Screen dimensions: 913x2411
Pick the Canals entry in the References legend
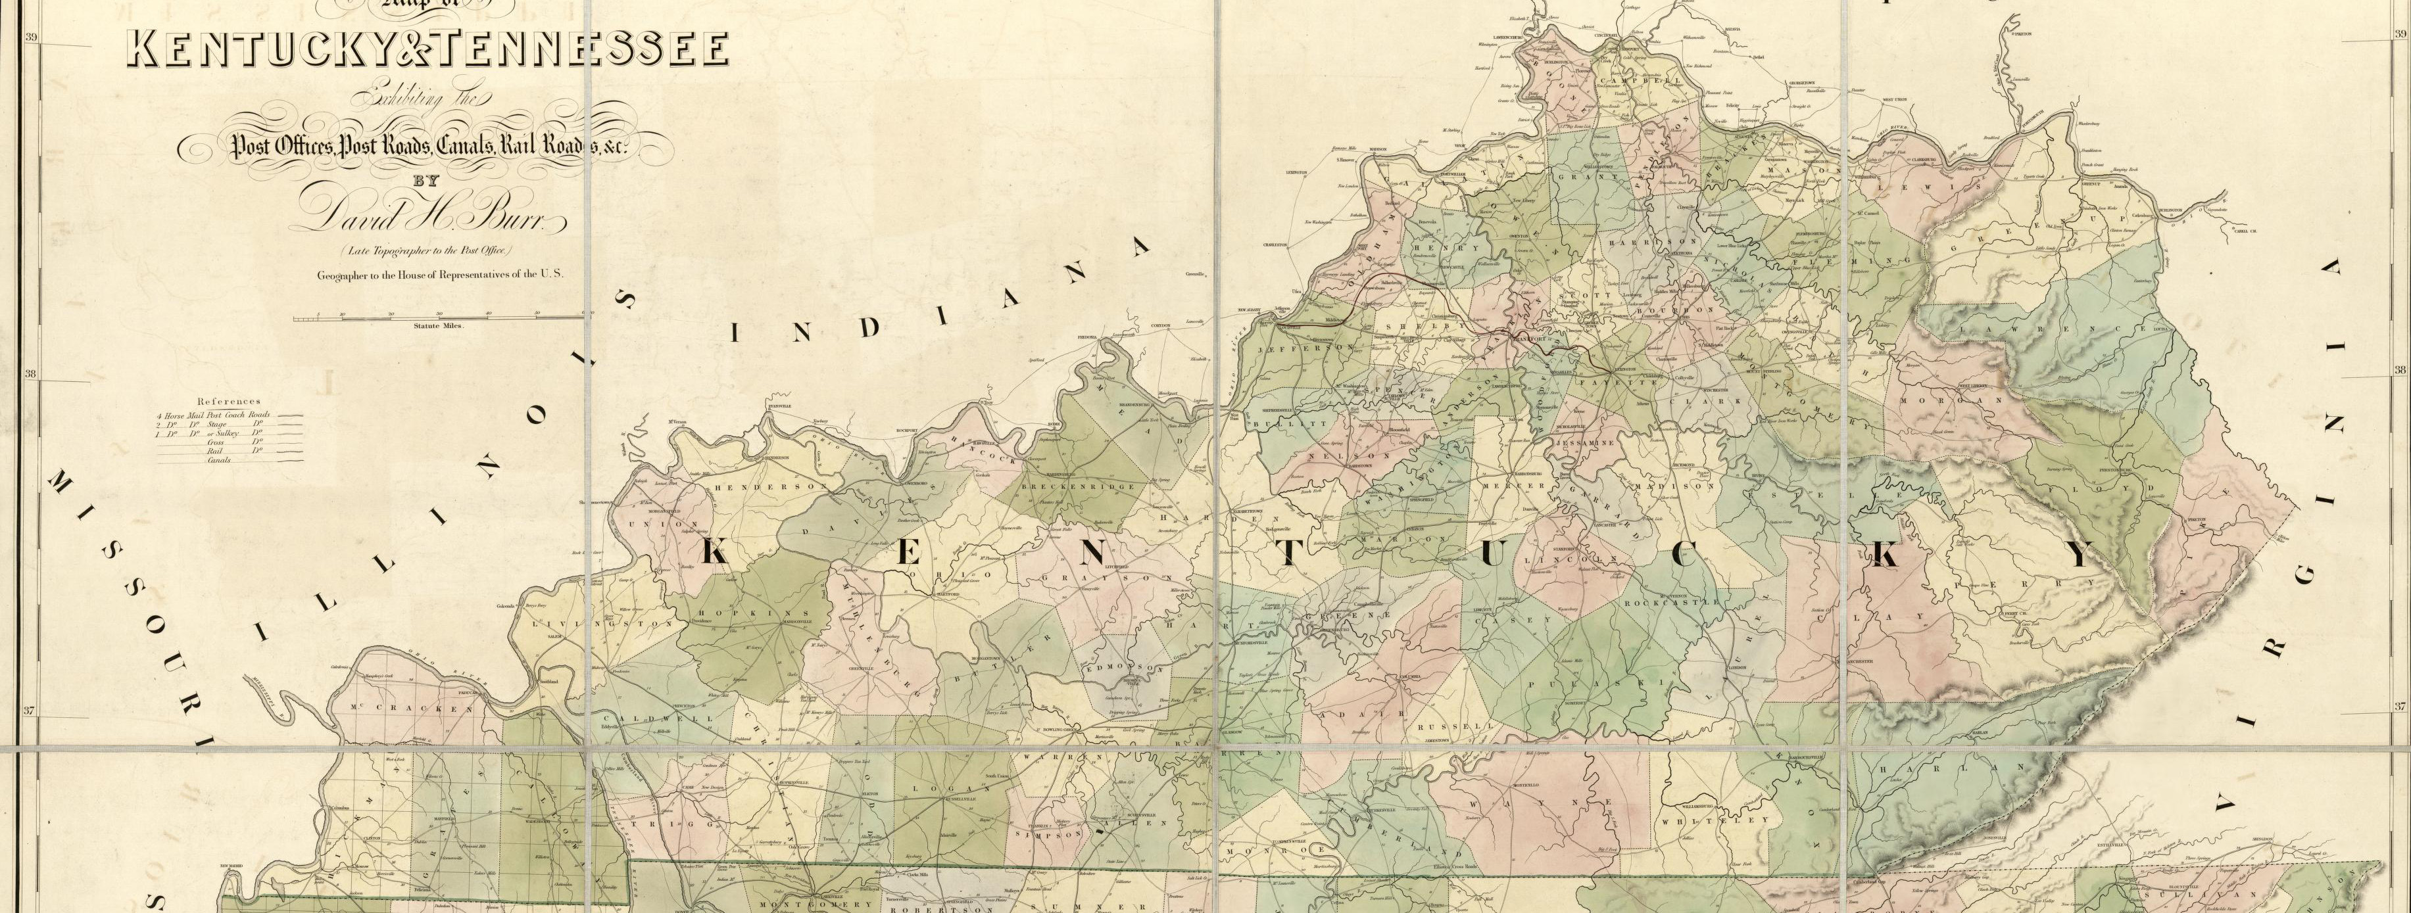point(220,460)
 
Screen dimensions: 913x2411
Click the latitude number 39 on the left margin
point(31,37)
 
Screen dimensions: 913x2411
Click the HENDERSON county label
point(769,487)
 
